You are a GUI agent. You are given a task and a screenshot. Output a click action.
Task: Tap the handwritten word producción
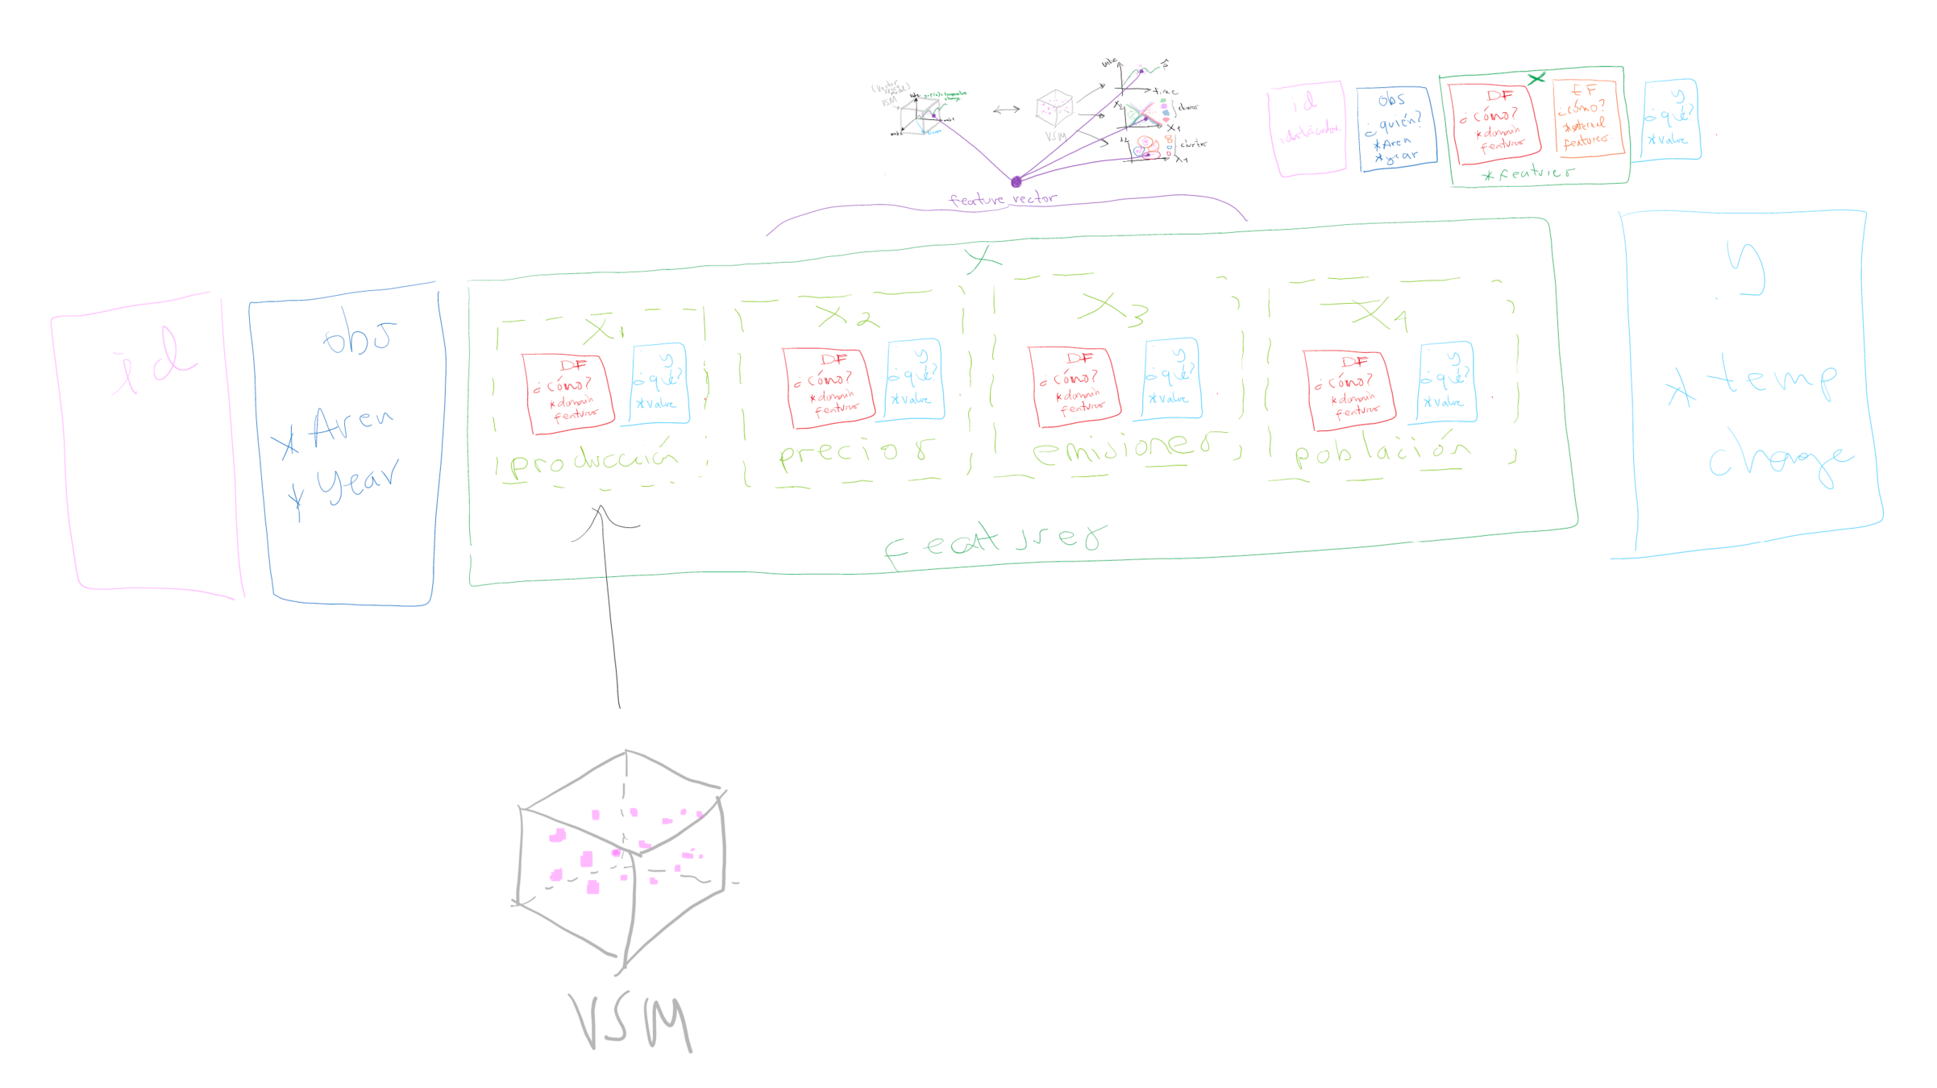point(594,460)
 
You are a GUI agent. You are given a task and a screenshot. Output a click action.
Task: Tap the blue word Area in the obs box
point(351,425)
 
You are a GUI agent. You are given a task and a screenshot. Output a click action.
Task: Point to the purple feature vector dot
point(1016,182)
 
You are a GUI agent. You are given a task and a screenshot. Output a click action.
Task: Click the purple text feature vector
point(1002,199)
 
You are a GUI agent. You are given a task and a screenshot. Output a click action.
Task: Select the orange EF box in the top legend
point(1585,118)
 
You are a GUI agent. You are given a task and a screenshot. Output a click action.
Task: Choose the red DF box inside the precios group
point(828,387)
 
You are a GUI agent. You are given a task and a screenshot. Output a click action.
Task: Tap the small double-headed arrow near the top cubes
point(1006,110)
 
